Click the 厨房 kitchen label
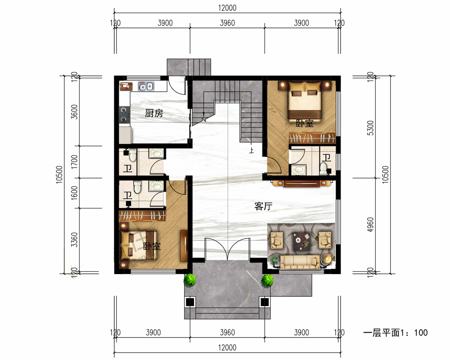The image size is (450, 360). (x=154, y=113)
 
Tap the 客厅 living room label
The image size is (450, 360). (x=263, y=206)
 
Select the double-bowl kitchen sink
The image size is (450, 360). (x=146, y=86)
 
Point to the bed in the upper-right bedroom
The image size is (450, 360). (x=305, y=100)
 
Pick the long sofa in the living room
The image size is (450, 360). (x=300, y=261)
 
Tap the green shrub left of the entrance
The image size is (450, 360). (x=190, y=279)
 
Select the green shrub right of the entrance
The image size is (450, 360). (x=267, y=280)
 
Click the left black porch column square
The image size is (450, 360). (x=190, y=302)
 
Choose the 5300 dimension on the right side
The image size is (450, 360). (x=370, y=128)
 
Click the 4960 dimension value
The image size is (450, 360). (x=370, y=225)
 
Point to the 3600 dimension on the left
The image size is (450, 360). (x=74, y=112)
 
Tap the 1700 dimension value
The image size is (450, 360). (x=74, y=162)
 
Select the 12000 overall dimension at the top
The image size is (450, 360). (x=227, y=8)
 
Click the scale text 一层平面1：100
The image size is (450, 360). (x=396, y=333)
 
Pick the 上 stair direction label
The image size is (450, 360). (x=252, y=150)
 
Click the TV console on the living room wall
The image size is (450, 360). (x=301, y=183)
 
